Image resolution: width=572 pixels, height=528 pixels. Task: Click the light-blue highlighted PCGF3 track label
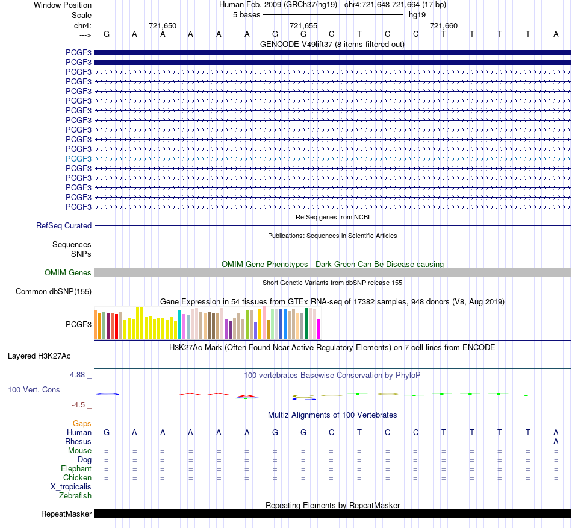78,159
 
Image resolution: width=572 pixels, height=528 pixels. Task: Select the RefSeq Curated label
64,225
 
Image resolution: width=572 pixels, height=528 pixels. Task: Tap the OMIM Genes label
68,273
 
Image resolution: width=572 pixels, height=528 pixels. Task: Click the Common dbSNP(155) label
54,291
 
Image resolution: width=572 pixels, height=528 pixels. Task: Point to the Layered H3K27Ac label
39,356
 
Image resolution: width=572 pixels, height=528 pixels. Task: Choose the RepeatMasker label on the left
66,514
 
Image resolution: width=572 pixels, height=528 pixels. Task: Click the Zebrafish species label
75,496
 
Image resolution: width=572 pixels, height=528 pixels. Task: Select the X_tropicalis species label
71,487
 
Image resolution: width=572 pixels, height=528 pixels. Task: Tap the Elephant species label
76,468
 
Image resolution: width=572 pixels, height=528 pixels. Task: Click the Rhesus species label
78,441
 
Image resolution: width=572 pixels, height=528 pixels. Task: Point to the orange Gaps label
82,423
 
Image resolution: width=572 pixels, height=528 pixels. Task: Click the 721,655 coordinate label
303,25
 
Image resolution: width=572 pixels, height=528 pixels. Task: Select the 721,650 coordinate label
163,25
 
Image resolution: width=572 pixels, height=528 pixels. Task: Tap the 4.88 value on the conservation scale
77,375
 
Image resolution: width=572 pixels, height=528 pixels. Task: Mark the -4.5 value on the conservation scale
78,405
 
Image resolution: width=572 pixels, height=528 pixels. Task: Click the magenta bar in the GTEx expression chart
319,329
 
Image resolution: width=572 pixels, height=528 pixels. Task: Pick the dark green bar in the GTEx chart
306,324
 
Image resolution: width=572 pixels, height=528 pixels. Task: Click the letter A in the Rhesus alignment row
556,441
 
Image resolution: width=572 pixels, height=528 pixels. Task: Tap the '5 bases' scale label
247,15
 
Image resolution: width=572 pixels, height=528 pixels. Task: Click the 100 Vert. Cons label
34,389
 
